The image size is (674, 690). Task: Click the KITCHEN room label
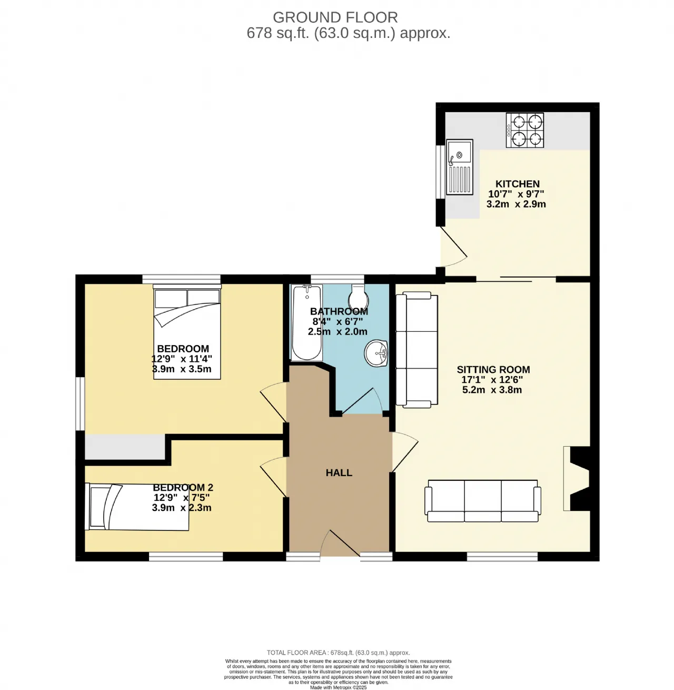[517, 184]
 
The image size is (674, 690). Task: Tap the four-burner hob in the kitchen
[525, 130]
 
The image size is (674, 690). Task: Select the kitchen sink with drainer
[460, 166]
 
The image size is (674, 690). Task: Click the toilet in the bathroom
[358, 297]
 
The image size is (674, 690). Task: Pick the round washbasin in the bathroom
[376, 353]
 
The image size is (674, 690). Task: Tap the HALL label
[339, 472]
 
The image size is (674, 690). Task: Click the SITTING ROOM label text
[493, 369]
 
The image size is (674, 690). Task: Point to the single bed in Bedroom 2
[137, 507]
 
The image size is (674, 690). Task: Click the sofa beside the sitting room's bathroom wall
[417, 350]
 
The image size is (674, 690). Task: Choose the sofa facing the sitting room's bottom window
[482, 501]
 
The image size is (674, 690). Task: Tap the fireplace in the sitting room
[577, 478]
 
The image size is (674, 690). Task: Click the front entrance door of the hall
[340, 544]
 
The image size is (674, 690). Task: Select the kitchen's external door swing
[454, 247]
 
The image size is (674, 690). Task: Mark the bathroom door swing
[362, 401]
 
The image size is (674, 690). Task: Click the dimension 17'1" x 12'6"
[492, 380]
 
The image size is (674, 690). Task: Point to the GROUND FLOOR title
[335, 17]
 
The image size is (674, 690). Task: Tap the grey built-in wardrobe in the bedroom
[125, 447]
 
